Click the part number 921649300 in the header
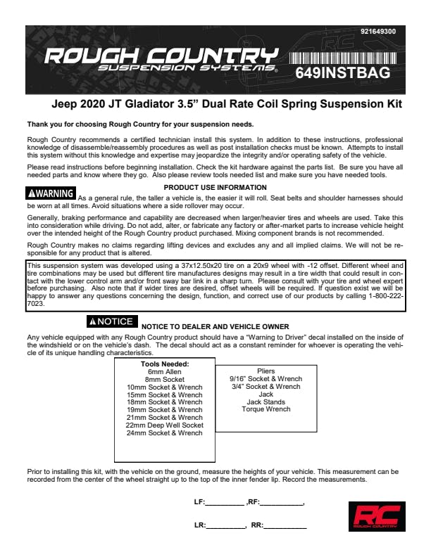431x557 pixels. [377, 32]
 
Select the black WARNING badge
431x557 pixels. [50, 193]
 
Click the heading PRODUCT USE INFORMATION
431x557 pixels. [215, 187]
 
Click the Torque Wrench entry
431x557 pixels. [265, 409]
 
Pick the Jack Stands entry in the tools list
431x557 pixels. [265, 402]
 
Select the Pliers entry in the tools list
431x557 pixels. [266, 371]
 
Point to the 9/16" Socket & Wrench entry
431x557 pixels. [266, 379]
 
